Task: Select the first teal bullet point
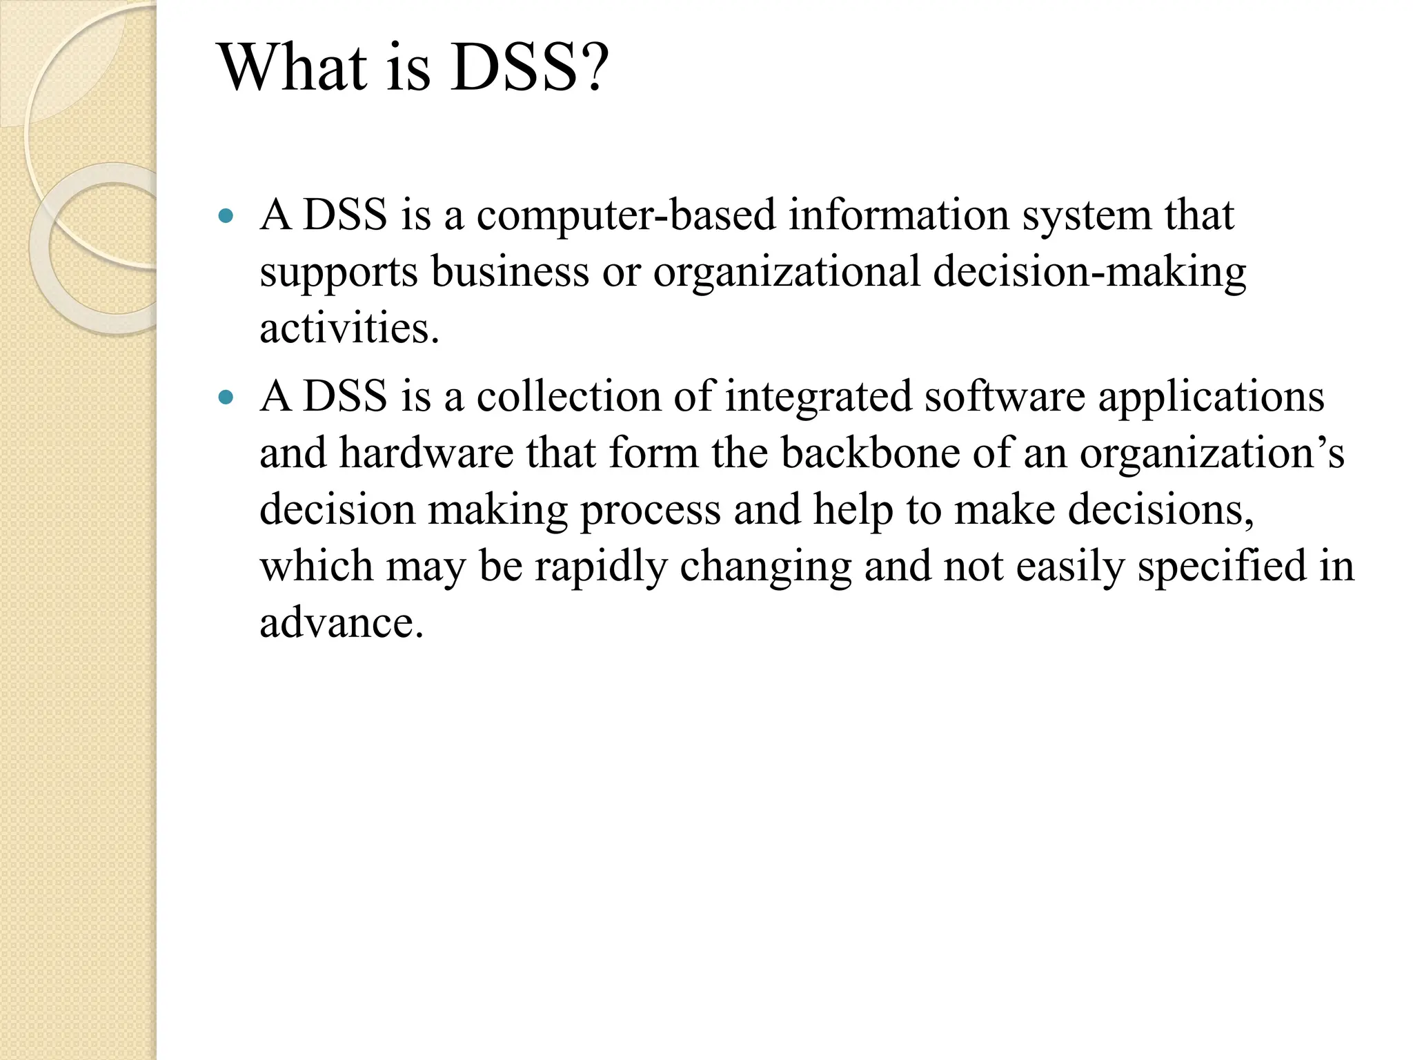(226, 216)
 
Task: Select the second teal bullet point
(226, 397)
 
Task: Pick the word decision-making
(1089, 272)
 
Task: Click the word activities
(348, 328)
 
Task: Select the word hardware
(426, 453)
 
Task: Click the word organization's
(1212, 453)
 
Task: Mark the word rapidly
(601, 567)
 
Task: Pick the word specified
(1221, 567)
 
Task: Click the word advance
(340, 623)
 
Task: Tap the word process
(650, 511)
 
